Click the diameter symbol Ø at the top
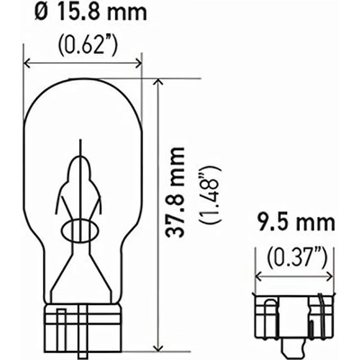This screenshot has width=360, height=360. (x=39, y=16)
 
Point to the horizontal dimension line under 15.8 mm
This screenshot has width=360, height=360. (x=86, y=63)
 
